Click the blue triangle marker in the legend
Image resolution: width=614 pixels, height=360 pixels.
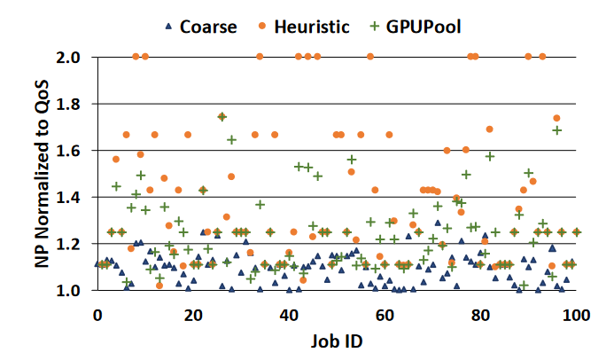click(168, 26)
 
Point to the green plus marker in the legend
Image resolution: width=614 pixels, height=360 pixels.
click(376, 26)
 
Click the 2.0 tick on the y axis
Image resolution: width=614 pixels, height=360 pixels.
click(74, 58)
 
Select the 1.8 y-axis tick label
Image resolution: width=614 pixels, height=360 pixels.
click(74, 104)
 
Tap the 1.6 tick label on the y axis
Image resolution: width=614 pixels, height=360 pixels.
click(74, 151)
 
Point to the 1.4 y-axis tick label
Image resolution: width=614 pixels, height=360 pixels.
click(74, 197)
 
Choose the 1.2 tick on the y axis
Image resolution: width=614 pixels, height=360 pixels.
click(74, 244)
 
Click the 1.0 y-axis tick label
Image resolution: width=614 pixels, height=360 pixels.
click(74, 290)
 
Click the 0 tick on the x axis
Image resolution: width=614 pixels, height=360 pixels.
click(97, 315)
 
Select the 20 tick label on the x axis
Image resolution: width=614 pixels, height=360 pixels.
click(192, 315)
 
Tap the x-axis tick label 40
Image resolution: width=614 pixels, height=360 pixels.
click(288, 315)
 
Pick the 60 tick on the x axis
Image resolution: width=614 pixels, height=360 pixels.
click(385, 315)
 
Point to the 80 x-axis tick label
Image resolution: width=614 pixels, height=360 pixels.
click(480, 315)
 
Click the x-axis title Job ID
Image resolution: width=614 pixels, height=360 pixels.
click(337, 340)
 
